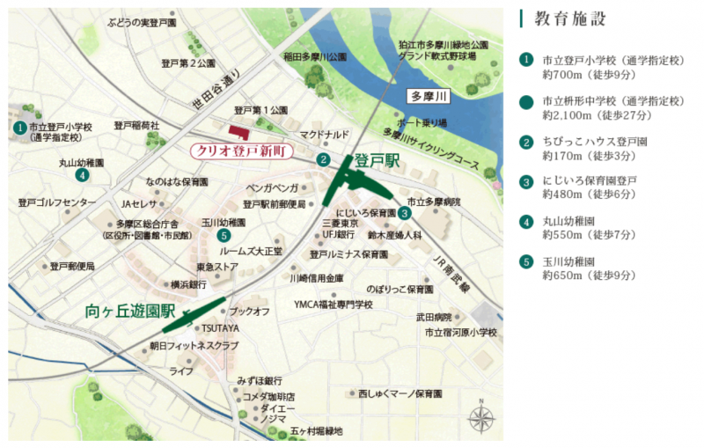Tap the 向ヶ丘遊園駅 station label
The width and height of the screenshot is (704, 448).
point(132,311)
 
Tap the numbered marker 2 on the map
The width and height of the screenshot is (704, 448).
point(324,159)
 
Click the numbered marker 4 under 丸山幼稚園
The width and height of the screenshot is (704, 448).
point(81,174)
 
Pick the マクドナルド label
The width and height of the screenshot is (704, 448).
point(325,135)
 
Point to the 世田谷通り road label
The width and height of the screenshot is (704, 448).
point(216,92)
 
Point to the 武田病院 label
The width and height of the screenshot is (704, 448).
point(434,317)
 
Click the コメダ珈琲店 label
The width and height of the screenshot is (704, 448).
point(267,396)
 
